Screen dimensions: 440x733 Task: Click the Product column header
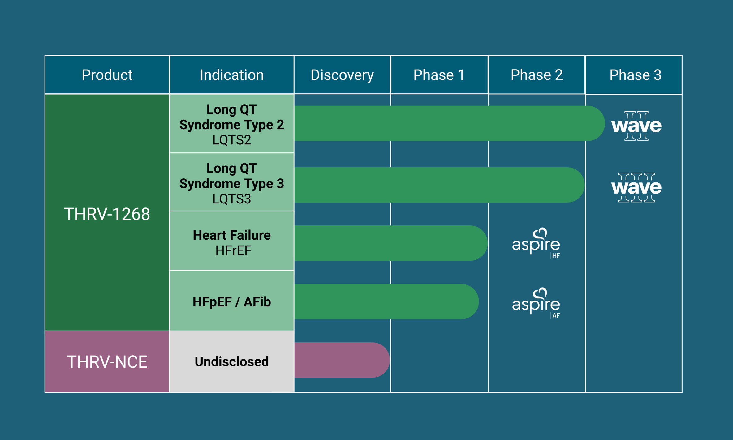[107, 75]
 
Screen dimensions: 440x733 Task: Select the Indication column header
[231, 75]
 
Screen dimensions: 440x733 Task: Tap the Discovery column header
[342, 75]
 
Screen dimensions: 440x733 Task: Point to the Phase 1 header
[439, 75]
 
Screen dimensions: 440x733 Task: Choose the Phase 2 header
[537, 75]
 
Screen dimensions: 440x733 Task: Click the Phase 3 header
[635, 75]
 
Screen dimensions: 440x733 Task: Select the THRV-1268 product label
[107, 214]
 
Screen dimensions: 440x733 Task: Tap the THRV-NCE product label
[107, 362]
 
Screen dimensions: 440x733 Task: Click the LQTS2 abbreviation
[231, 140]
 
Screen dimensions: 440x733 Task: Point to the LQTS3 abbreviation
[231, 199]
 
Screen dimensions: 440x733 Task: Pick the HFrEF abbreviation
[233, 250]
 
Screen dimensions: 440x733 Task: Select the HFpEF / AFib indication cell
[231, 302]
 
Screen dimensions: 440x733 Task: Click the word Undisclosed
[231, 361]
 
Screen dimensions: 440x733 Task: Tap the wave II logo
[636, 126]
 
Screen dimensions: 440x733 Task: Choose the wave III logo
[636, 187]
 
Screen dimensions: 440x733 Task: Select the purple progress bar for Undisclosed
[340, 360]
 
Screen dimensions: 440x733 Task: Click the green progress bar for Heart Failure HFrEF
[390, 243]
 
